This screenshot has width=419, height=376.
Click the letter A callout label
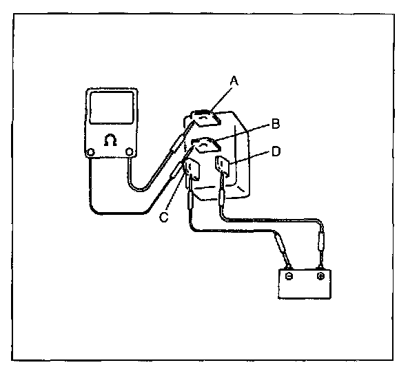(x=234, y=80)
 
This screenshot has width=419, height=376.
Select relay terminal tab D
(x=223, y=166)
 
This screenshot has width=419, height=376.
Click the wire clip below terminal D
(x=223, y=196)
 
